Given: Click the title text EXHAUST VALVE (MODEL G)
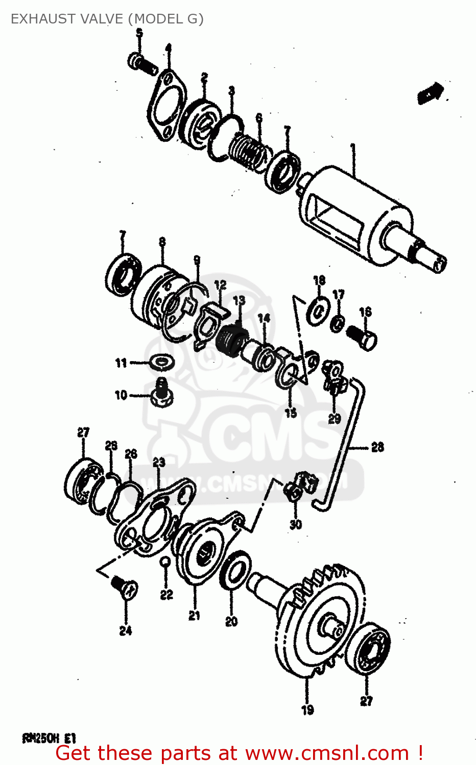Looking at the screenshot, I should [107, 19].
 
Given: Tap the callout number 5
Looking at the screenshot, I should [139, 34].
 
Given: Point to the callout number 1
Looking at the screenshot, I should [352, 148].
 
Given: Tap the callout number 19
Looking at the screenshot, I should [307, 709].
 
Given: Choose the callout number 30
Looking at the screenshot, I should [296, 524].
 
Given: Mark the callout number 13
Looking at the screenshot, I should [239, 301].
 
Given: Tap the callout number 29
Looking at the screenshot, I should [335, 419].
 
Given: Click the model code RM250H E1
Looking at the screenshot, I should [49, 738].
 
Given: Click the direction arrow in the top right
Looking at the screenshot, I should [430, 93].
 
